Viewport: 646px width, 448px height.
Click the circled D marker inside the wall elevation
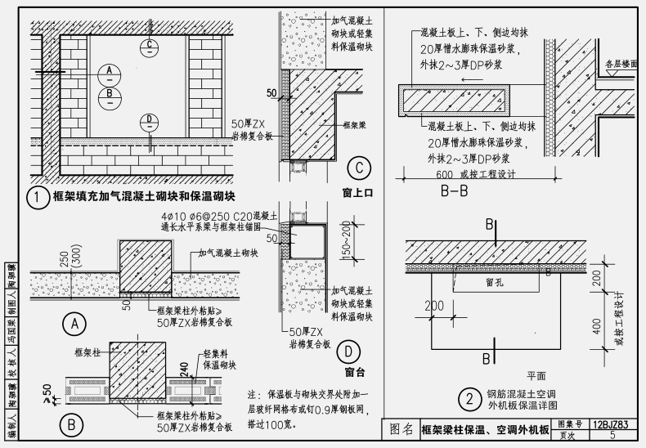pos(150,122)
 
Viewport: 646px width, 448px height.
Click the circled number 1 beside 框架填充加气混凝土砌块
pos(36,197)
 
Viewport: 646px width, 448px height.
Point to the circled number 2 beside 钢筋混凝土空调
pos(469,400)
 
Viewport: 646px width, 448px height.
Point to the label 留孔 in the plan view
pos(494,283)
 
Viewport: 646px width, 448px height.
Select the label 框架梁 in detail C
pos(352,124)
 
